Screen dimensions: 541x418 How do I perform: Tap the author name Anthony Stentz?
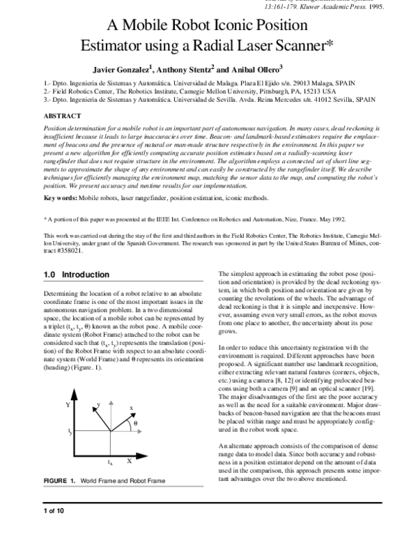click(x=184, y=70)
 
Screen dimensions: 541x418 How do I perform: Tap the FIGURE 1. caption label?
click(x=59, y=481)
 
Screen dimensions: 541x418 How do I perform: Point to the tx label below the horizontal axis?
click(x=110, y=462)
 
